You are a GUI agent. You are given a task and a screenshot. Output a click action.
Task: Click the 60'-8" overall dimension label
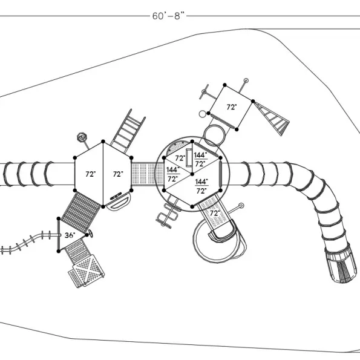[168, 16]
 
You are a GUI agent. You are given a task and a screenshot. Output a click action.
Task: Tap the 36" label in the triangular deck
[70, 235]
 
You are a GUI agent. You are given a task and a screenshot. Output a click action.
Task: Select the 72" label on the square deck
[232, 107]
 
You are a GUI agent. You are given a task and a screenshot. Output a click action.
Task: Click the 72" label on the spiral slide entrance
[215, 213]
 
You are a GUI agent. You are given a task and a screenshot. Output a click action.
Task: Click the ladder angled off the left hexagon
[128, 131]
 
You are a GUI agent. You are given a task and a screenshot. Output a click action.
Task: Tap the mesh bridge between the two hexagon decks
[148, 174]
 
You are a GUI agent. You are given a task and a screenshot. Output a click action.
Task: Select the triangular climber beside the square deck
[272, 119]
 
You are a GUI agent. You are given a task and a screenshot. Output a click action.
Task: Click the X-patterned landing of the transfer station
[87, 271]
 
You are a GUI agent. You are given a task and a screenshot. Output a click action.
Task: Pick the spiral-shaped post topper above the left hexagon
[82, 137]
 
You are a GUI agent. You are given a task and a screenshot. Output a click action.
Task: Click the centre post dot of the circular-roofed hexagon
[192, 174]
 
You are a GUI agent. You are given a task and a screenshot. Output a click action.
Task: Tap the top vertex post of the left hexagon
[103, 142]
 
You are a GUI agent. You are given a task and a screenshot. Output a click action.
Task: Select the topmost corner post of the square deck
[224, 85]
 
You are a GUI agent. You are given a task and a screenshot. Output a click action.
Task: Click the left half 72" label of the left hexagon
[91, 174]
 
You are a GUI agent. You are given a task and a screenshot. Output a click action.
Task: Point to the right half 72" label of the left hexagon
[118, 174]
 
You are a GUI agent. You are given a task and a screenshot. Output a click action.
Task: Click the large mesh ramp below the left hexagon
[81, 212]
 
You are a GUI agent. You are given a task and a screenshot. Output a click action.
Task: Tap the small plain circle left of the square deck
[202, 114]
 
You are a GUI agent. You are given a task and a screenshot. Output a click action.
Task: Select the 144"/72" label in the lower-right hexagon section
[201, 186]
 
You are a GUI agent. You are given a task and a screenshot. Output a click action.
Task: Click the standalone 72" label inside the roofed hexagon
[180, 158]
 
